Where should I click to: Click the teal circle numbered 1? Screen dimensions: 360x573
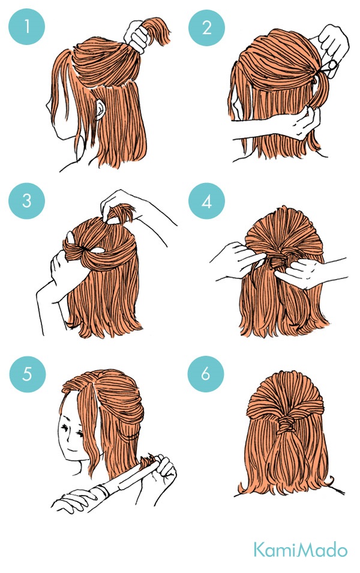(x=26, y=26)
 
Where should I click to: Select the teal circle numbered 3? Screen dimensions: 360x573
(x=26, y=200)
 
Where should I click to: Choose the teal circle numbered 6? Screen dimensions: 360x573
(x=206, y=374)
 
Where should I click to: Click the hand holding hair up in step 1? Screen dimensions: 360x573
(x=136, y=37)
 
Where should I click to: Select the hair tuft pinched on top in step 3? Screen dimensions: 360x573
(x=121, y=212)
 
